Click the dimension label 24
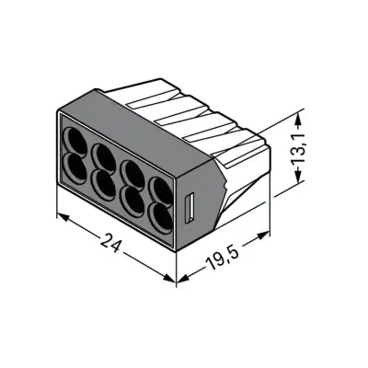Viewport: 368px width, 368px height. coord(109,243)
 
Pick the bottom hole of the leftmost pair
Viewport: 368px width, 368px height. coord(75,168)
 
